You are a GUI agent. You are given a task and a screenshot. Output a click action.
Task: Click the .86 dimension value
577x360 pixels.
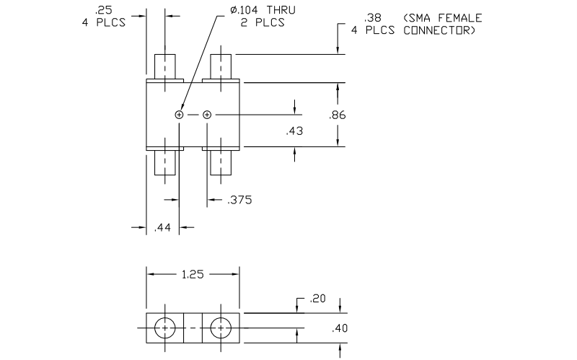pos(337,115)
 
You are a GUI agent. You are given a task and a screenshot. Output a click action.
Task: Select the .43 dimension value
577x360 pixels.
pos(294,131)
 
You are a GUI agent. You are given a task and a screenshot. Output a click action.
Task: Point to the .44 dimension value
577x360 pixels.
pos(163,228)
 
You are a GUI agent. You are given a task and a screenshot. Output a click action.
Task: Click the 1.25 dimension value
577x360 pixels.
pos(192,274)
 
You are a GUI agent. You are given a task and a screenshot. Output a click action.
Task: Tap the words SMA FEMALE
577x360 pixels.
pos(444,17)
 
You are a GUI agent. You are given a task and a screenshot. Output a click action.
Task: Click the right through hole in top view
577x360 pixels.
pos(207,115)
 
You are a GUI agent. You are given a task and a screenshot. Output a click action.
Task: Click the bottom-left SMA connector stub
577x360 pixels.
pos(167,163)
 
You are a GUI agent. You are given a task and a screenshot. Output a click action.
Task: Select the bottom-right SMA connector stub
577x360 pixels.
pos(221,163)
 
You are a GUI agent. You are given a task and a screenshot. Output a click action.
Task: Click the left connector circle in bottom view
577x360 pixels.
pos(165,328)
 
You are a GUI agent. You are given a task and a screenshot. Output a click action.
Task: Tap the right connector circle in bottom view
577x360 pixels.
pos(219,328)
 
